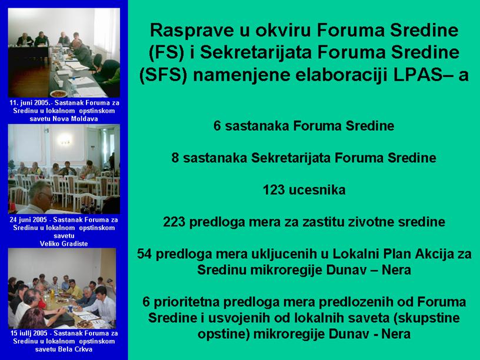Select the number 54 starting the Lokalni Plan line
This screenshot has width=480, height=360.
(144, 254)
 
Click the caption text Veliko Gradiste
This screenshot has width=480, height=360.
(64, 244)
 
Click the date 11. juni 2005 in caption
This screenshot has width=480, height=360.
(29, 103)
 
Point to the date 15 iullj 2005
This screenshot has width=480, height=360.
(29, 333)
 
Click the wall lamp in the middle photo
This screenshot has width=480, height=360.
(65, 141)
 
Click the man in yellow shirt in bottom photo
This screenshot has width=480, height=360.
(74, 289)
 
